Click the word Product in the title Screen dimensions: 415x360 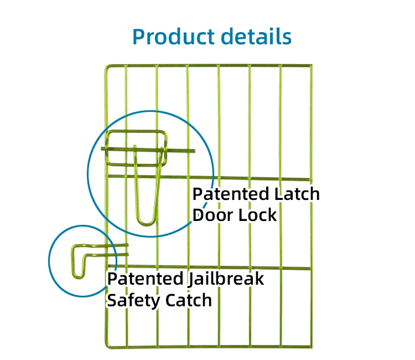(x=173, y=36)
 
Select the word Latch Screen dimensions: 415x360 (x=297, y=194)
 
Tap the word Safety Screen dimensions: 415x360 (x=132, y=300)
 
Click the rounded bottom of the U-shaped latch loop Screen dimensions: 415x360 (x=147, y=222)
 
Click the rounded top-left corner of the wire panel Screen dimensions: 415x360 (x=107, y=68)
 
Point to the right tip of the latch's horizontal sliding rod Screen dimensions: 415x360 (x=194, y=150)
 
